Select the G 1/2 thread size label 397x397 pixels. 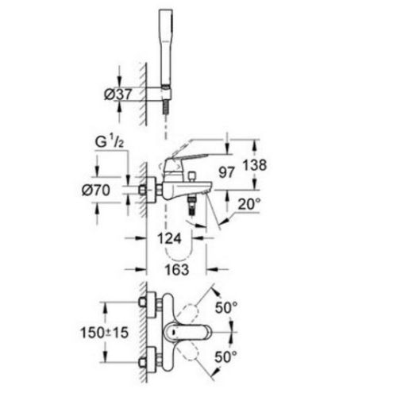tap(110, 143)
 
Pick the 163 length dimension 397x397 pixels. tap(179, 270)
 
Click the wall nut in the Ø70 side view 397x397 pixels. tap(147, 191)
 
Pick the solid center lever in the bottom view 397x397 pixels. tap(187, 328)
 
